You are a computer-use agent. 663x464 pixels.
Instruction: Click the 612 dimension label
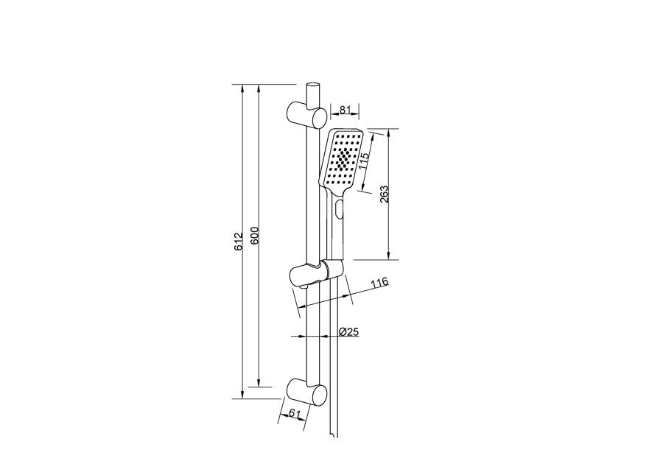pos(239,242)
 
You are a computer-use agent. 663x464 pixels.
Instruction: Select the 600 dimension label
pos(254,236)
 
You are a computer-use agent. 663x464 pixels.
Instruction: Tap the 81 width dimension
pos(345,110)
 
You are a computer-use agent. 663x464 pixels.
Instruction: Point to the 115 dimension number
pos(364,161)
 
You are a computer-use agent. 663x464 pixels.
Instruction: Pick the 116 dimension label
pos(379,283)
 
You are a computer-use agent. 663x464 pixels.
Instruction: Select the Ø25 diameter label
pos(349,331)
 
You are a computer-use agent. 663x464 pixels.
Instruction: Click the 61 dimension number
pos(294,413)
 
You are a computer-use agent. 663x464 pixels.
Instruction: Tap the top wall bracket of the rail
pos(306,115)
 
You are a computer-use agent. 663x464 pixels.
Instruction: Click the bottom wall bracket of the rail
pos(306,392)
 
